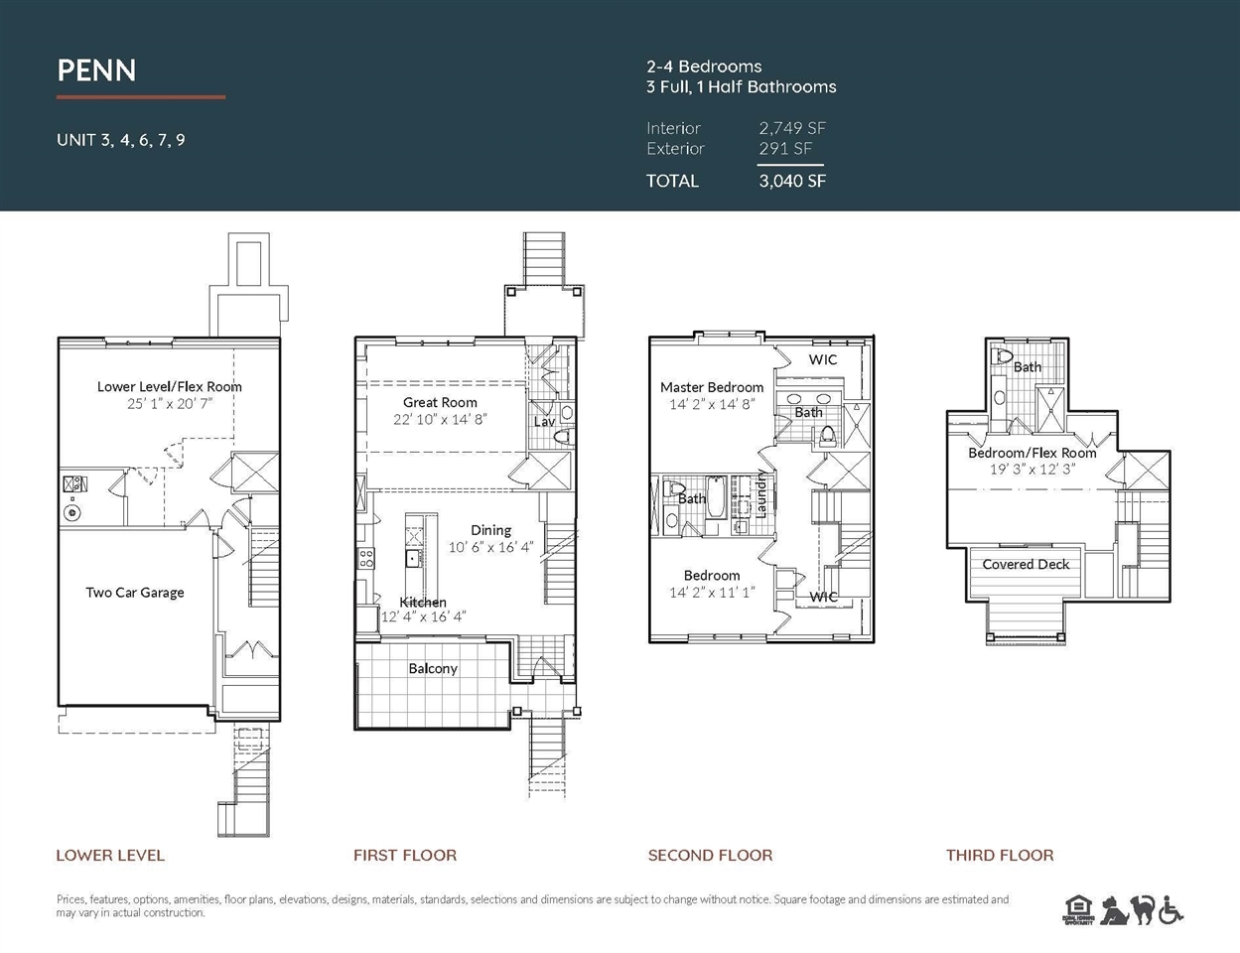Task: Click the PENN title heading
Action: [x=96, y=70]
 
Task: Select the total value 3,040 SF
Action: [x=792, y=181]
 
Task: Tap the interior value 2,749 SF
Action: [x=792, y=128]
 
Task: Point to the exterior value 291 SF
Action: [x=785, y=148]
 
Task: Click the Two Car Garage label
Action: [x=135, y=593]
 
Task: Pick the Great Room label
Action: [x=440, y=402]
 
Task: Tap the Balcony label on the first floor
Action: [x=433, y=668]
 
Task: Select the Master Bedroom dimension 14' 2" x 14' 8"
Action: [x=712, y=404]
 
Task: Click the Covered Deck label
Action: [x=1026, y=564]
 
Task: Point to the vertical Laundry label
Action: [x=760, y=494]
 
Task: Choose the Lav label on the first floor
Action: [x=544, y=422]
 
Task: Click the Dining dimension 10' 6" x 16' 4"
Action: [x=490, y=547]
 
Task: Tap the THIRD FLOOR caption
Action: [x=1000, y=855]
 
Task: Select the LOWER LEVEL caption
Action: [x=110, y=855]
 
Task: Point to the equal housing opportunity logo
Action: [x=1077, y=909]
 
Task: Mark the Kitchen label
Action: [x=423, y=602]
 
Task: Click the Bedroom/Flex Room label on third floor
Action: [x=1033, y=453]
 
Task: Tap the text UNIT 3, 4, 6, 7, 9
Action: [x=121, y=140]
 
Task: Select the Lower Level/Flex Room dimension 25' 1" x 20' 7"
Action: [x=170, y=404]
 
